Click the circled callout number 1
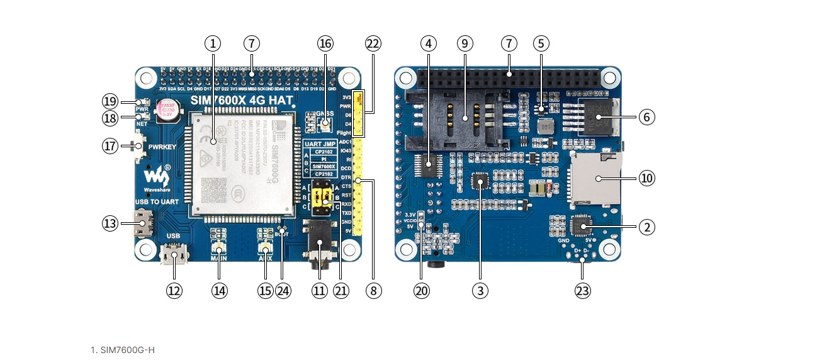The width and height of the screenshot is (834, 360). [213, 43]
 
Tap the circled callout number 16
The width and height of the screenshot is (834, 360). [325, 43]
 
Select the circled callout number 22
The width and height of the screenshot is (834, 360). [373, 43]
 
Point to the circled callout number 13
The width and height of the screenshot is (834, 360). [111, 223]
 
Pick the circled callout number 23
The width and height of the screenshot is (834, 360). [582, 290]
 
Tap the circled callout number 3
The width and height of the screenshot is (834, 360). [481, 290]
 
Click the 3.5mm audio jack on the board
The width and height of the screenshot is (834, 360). [320, 243]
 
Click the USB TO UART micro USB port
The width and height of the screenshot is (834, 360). [144, 223]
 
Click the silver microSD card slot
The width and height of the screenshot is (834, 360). [594, 179]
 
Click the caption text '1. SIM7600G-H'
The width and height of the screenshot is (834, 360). [123, 349]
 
